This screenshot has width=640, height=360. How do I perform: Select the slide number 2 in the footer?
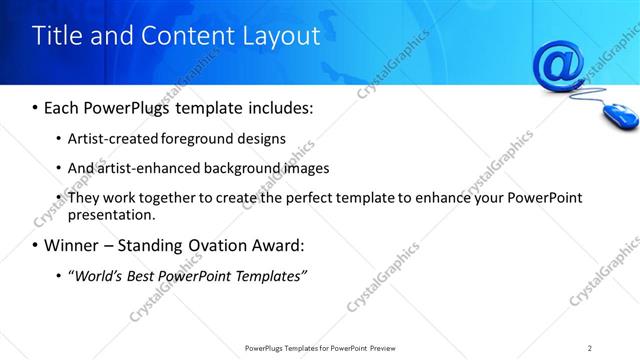point(590,348)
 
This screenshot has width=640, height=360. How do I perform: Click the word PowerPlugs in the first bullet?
point(125,106)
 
